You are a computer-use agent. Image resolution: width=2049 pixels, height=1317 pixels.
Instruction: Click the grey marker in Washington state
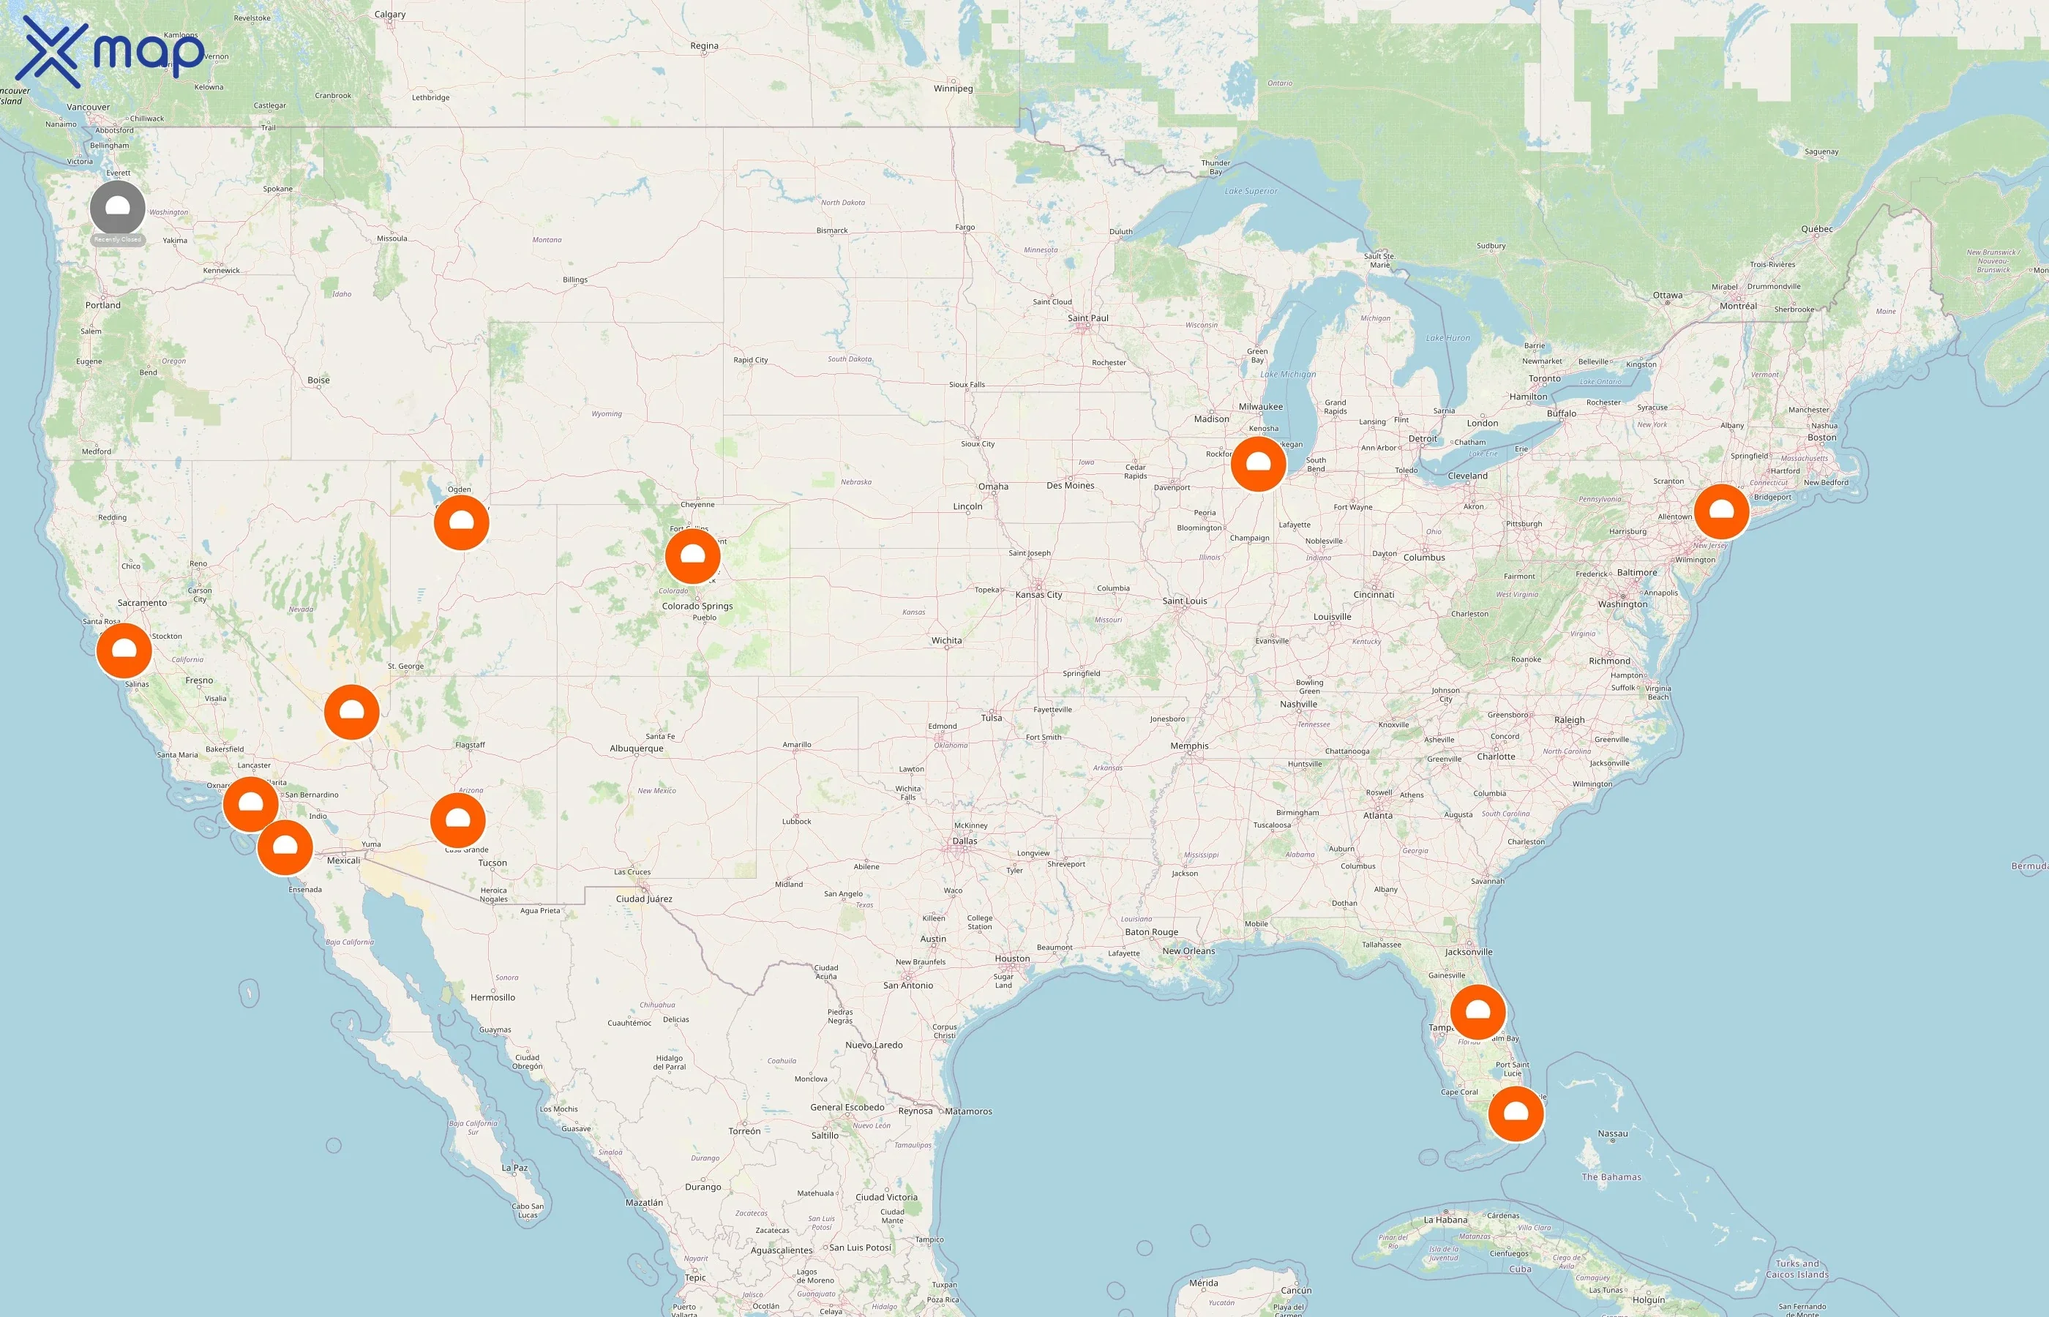(x=117, y=208)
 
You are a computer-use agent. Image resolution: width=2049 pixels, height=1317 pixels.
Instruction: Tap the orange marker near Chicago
(x=1258, y=464)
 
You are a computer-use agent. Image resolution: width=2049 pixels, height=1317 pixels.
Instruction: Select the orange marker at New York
(x=1721, y=511)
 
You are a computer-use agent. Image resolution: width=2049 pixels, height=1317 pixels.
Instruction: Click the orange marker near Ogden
(x=461, y=522)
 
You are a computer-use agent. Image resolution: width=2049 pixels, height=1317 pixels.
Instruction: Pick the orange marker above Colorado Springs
(x=693, y=557)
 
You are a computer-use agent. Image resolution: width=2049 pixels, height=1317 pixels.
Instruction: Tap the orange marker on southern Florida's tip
(x=1516, y=1114)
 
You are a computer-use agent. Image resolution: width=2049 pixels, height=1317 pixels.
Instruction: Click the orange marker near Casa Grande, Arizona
(x=457, y=820)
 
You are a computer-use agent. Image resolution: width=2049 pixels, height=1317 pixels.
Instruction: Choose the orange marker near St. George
(x=351, y=711)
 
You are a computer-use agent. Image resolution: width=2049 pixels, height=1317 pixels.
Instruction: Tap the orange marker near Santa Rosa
(x=124, y=650)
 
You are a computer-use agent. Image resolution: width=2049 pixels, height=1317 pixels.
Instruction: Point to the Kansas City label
(x=1038, y=594)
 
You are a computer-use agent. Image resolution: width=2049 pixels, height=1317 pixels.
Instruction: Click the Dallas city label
(x=964, y=841)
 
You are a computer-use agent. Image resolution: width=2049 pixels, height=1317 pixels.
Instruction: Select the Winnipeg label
(x=953, y=88)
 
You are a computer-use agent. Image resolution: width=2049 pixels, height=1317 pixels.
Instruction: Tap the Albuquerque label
(x=636, y=748)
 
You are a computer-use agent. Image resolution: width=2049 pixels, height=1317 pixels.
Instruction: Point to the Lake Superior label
(x=1251, y=191)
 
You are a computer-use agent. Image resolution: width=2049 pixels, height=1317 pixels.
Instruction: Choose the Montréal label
(x=1738, y=305)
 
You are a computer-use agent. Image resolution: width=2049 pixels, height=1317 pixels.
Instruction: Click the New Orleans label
(x=1188, y=950)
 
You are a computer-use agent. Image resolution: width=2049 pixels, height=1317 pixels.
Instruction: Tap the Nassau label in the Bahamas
(x=1612, y=1133)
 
